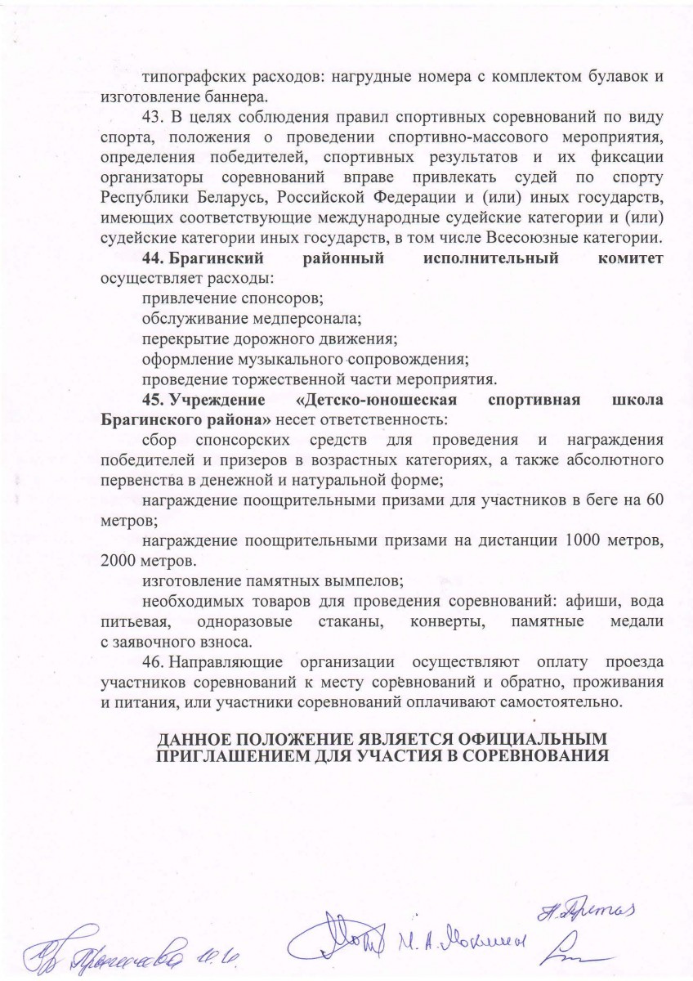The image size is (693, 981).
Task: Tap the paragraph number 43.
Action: click(151, 115)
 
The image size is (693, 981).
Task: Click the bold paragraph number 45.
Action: click(152, 401)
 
